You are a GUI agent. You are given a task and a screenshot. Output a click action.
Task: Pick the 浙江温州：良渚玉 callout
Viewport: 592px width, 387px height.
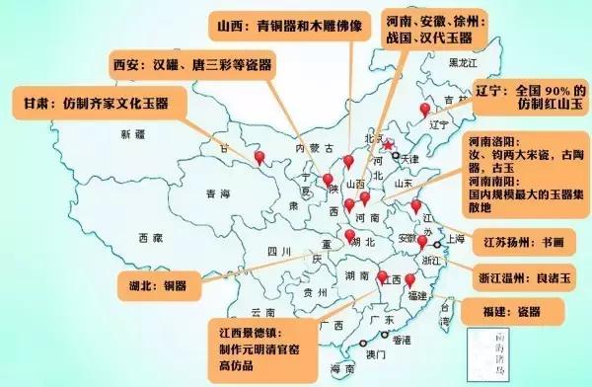pos(523,275)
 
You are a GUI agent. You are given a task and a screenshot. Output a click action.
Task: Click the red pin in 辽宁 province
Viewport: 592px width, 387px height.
pos(426,110)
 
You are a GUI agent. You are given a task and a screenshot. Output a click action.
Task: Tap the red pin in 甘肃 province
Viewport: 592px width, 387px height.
pos(259,157)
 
